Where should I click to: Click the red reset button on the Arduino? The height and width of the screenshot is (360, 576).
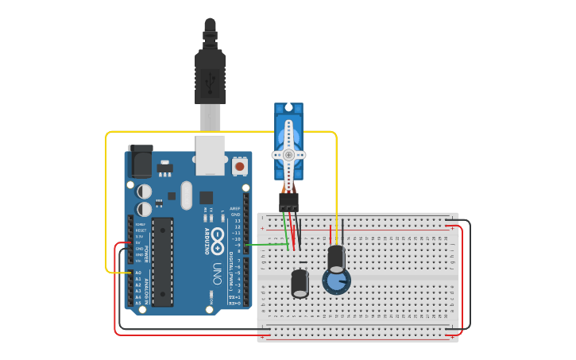[x=239, y=167]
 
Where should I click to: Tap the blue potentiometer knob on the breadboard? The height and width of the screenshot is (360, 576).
[x=336, y=281]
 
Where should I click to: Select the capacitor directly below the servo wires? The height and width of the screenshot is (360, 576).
[x=300, y=283]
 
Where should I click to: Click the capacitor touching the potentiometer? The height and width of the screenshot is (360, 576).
[x=336, y=257]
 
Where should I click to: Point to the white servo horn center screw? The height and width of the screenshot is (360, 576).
[x=288, y=155]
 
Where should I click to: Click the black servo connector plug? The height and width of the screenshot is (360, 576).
[x=288, y=201]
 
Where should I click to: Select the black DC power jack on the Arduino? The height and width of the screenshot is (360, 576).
[x=140, y=162]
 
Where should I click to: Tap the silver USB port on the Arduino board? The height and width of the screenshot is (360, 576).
[x=210, y=154]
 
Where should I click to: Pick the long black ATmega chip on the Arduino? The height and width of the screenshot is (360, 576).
[x=162, y=261]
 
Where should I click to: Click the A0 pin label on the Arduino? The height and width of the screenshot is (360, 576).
[x=138, y=273]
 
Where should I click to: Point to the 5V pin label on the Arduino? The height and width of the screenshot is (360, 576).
[x=139, y=243]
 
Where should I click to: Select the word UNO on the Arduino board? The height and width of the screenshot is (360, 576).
[x=217, y=273]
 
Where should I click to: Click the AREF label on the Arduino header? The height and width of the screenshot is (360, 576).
[x=235, y=208]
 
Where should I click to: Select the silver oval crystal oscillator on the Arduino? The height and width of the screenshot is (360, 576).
[x=186, y=195]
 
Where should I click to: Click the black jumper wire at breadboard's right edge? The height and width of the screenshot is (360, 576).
[x=470, y=274]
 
